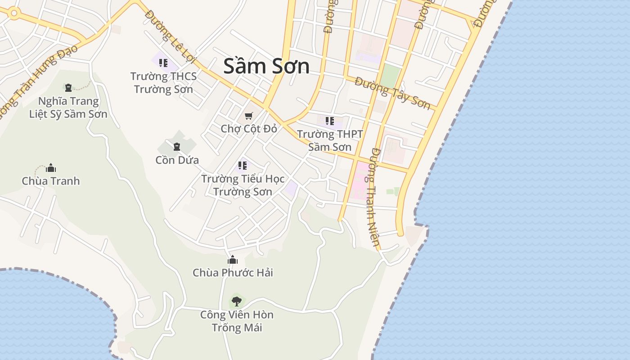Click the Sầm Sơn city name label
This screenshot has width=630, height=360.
(266, 66)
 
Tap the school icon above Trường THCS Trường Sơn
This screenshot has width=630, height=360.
(163, 63)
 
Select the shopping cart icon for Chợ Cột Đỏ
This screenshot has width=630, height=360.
(249, 116)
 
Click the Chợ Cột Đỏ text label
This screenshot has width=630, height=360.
(249, 129)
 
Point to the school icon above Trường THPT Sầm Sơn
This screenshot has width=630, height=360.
(330, 121)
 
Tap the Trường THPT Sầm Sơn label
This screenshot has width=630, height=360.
(330, 140)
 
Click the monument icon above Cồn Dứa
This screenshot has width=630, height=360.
(177, 146)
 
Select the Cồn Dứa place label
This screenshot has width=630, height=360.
(177, 160)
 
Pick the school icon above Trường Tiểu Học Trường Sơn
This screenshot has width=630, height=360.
(243, 165)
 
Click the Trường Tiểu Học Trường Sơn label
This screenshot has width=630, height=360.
(243, 185)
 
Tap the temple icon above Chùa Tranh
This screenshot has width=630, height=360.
(51, 168)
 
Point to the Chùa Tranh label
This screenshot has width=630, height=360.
(51, 181)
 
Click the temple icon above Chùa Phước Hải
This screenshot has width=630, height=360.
(233, 260)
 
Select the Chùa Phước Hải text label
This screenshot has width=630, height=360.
(233, 273)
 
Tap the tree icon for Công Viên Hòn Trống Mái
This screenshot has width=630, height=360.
(236, 301)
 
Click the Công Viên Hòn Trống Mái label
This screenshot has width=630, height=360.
(237, 321)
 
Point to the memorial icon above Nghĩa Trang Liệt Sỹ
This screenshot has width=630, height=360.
(68, 87)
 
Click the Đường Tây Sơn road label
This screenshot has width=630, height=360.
(392, 92)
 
